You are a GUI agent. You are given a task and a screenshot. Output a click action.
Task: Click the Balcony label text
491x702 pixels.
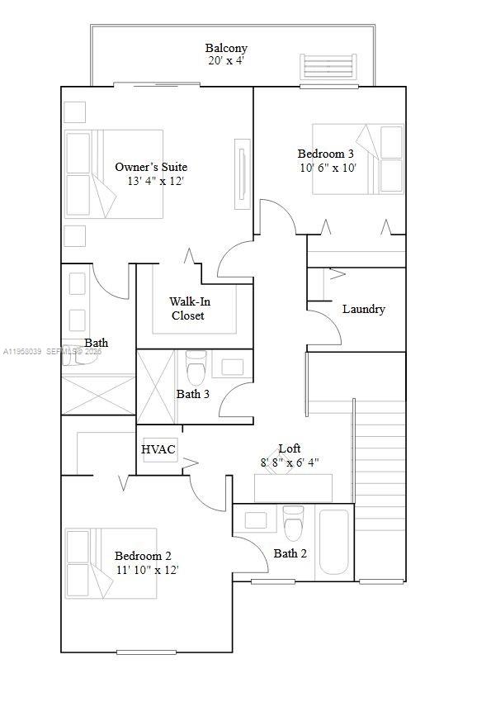tap(226, 49)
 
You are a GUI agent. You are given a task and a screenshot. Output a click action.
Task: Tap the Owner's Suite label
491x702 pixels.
tap(150, 168)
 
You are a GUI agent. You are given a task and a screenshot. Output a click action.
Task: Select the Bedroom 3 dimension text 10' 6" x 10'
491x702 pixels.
tap(328, 168)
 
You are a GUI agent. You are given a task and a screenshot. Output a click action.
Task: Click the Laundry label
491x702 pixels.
tap(363, 309)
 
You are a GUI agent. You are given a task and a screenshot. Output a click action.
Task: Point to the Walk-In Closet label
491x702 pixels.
tap(189, 309)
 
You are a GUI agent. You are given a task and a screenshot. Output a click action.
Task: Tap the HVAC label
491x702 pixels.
tap(158, 449)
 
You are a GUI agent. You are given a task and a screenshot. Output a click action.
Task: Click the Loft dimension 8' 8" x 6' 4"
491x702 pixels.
tap(290, 462)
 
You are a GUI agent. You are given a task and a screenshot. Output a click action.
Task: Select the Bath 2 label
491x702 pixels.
tap(290, 553)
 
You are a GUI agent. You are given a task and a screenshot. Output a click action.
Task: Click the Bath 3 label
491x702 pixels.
tap(192, 394)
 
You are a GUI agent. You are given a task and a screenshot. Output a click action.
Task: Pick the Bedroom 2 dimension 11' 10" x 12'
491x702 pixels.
tap(147, 569)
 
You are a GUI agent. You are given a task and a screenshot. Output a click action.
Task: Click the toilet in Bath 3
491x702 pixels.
tap(196, 366)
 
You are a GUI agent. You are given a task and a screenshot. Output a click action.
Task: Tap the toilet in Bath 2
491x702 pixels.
tap(293, 522)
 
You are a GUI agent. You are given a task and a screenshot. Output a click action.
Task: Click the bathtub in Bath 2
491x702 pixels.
tap(335, 542)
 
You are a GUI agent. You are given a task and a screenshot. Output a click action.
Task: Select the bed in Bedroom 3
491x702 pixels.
tap(358, 159)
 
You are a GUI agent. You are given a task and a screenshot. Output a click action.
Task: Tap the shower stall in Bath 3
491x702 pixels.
tap(155, 386)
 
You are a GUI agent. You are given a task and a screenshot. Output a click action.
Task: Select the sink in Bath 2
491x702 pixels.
tap(257, 520)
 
